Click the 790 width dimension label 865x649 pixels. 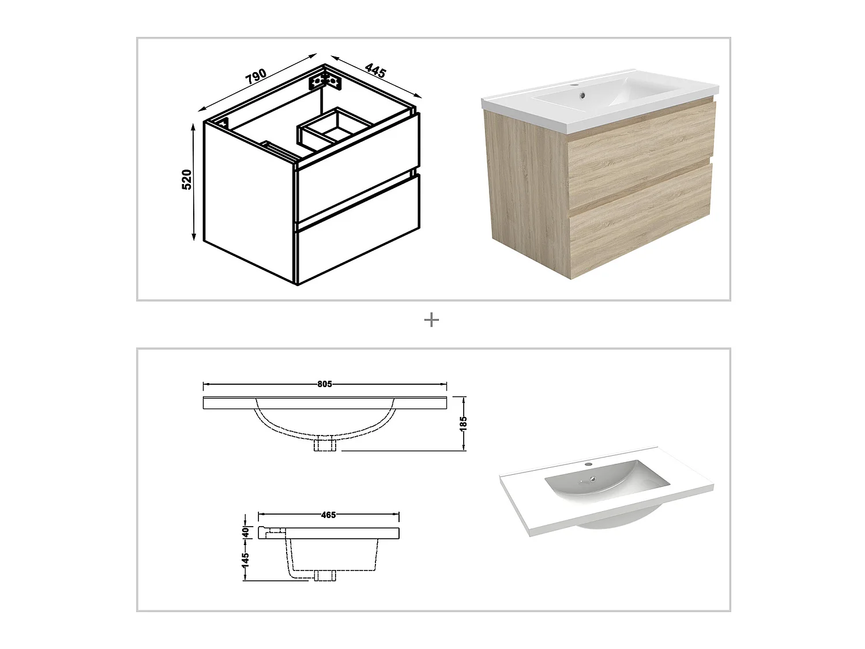(257, 76)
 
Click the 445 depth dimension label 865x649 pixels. (375, 72)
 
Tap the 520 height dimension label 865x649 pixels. (187, 180)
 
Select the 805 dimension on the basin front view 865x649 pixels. (325, 384)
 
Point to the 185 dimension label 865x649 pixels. (463, 423)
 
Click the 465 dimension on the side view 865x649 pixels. (328, 515)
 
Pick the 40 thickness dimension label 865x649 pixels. (246, 532)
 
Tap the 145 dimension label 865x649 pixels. (246, 560)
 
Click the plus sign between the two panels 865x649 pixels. (431, 320)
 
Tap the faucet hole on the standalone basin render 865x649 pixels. (588, 464)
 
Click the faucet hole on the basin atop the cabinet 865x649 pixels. (577, 87)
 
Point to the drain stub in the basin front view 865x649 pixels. (325, 445)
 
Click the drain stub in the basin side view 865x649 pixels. (326, 575)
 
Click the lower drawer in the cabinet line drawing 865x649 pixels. (358, 242)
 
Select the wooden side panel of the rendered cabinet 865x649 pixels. (528, 185)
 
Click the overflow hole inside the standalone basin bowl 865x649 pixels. (593, 477)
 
